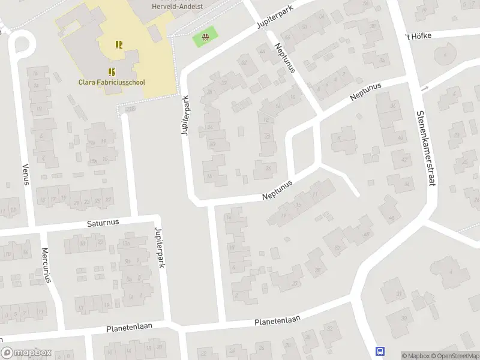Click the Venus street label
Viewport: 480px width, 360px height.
pos(26,173)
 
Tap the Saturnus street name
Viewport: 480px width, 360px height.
pos(103,222)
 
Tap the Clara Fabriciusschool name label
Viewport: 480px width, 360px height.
pos(112,82)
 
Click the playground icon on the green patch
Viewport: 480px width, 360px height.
pos(206,38)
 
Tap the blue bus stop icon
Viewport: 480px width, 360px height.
pos(380,351)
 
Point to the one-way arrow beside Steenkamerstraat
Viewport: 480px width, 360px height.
pos(425,89)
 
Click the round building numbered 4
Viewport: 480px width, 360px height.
pos(444,56)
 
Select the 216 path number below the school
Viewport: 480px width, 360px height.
pos(130,109)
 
